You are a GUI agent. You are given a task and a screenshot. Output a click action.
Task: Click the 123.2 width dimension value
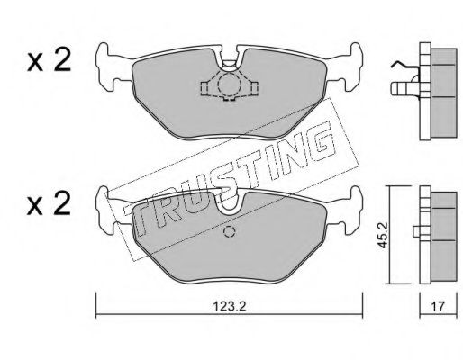click(x=230, y=307)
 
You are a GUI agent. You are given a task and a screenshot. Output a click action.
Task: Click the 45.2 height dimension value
click(x=383, y=235)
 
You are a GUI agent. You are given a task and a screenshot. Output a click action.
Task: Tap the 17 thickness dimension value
click(x=438, y=307)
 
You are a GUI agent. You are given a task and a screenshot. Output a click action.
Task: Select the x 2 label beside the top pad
click(x=49, y=59)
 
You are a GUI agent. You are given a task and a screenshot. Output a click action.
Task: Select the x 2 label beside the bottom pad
click(x=49, y=203)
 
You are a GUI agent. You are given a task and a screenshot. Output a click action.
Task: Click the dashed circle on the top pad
click(x=229, y=85)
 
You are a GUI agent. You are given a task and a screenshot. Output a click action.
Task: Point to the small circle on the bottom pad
click(x=229, y=231)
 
